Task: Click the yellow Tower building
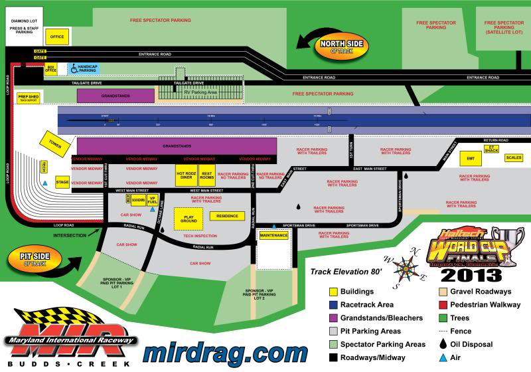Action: point(54,142)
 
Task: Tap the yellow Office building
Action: point(57,37)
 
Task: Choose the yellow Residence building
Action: point(227,216)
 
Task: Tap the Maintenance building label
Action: point(273,236)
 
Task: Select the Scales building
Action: point(514,157)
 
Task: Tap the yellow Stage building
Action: point(62,182)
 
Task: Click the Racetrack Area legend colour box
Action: point(335,305)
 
